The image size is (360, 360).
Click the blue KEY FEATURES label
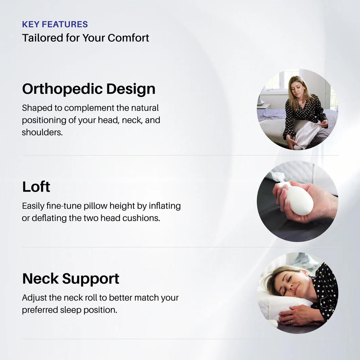click(x=55, y=24)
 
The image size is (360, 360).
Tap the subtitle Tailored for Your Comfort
click(x=86, y=38)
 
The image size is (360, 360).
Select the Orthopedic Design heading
click(x=89, y=89)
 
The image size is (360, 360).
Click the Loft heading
click(x=36, y=187)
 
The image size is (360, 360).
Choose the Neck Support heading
click(x=71, y=278)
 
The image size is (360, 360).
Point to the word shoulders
click(x=42, y=132)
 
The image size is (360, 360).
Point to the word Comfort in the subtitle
click(x=128, y=38)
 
